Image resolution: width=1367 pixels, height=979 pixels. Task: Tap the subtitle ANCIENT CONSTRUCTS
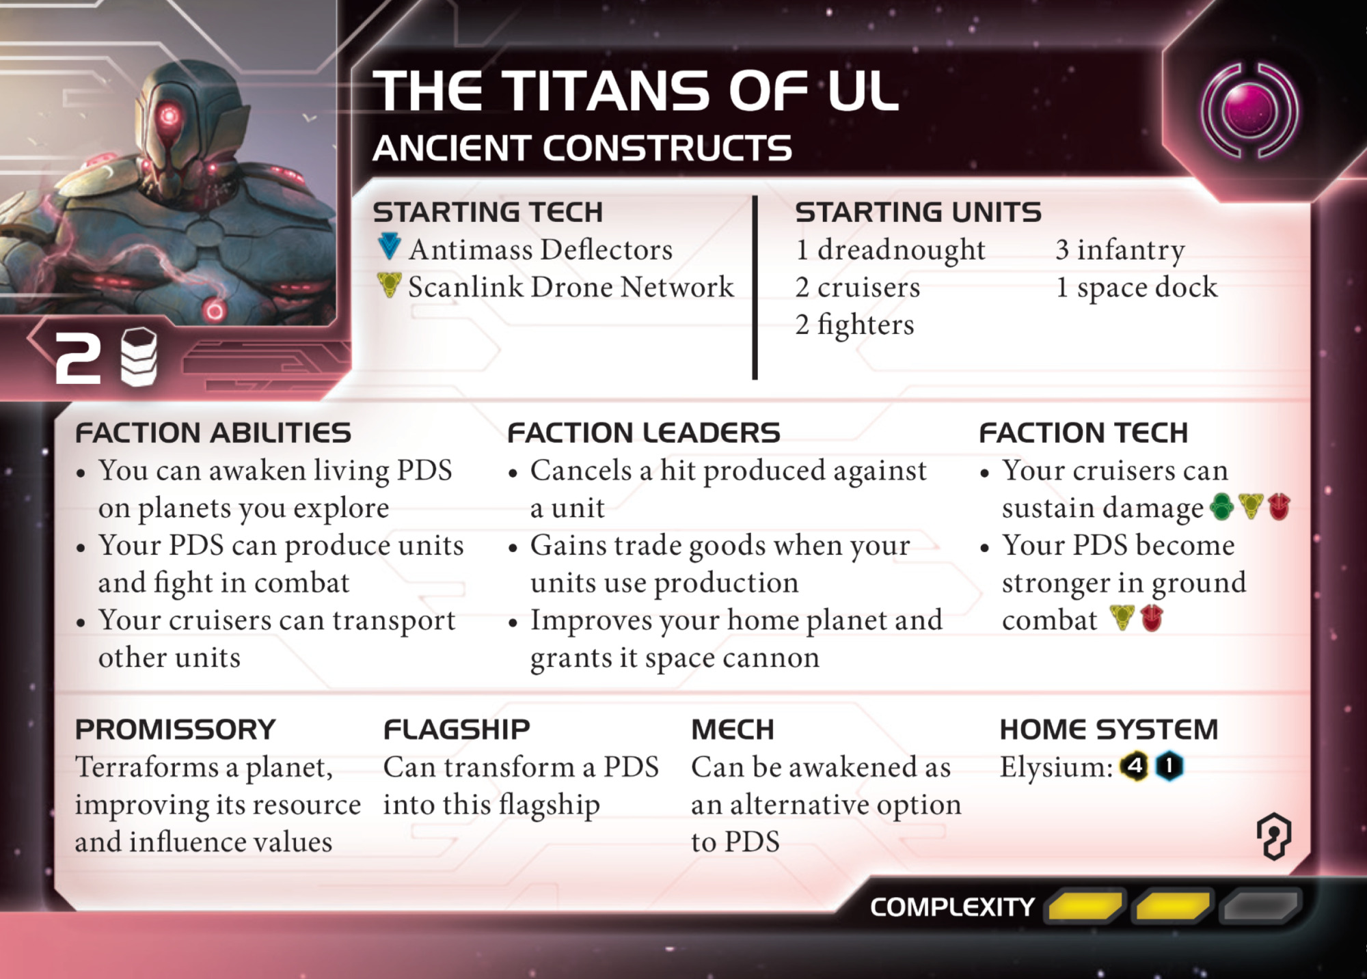click(582, 148)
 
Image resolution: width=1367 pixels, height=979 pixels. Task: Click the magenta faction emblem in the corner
click(1249, 110)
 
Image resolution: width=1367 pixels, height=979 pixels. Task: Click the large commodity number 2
click(77, 357)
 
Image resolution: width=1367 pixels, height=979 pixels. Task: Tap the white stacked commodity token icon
click(139, 357)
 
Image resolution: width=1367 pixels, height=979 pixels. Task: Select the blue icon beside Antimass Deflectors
click(389, 247)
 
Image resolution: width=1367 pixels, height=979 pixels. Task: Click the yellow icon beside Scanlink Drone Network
click(389, 284)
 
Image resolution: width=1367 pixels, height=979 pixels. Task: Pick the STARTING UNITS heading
click(918, 212)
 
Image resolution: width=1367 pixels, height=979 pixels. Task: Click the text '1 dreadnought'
click(890, 250)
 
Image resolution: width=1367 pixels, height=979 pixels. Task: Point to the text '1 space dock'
click(1137, 288)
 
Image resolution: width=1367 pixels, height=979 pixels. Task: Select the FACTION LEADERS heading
click(643, 432)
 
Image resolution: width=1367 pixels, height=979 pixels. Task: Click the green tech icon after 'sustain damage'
click(1221, 507)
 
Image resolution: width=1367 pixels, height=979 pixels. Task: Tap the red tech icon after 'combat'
click(1152, 618)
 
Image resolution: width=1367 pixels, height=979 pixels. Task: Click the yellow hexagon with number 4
click(1135, 767)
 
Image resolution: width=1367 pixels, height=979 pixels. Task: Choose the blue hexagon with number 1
click(1169, 767)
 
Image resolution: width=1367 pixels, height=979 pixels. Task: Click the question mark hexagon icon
click(1274, 836)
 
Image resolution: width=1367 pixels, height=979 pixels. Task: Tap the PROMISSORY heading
click(176, 730)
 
